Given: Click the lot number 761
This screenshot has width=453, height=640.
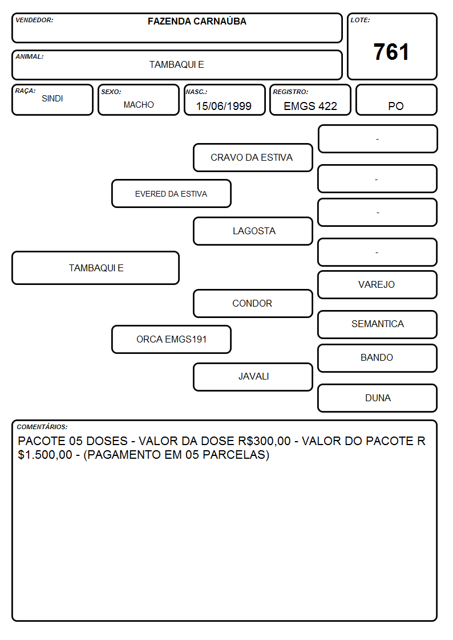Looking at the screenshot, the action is click(391, 52).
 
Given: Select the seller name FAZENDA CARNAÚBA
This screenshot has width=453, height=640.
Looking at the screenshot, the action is click(197, 21).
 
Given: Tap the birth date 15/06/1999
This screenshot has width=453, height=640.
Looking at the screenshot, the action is click(224, 106).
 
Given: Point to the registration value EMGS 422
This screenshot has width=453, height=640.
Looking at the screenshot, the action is click(310, 106).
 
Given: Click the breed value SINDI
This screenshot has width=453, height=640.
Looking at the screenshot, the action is click(52, 99).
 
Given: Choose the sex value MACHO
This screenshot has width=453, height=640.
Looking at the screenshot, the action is click(139, 105).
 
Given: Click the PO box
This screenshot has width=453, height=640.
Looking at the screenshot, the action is click(396, 100).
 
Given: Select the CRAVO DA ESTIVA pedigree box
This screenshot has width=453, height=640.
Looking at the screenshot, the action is click(253, 157).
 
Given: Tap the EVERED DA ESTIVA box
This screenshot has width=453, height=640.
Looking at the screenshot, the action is click(171, 193).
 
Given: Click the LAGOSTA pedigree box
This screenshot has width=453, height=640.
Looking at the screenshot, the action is click(253, 231).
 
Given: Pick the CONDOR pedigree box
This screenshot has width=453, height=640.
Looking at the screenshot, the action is click(253, 303).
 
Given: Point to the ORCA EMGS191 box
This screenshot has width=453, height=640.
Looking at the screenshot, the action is click(171, 339).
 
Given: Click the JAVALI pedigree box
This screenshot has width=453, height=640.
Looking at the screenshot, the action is click(253, 377).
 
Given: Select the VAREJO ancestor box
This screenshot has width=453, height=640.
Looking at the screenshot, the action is click(378, 284).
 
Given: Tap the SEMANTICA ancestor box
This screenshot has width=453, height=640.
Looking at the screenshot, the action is click(378, 324).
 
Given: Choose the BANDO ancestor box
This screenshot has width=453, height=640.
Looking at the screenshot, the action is click(378, 358).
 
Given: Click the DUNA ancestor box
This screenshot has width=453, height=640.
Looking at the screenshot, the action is click(378, 398).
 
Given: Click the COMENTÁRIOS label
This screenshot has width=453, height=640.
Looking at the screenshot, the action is click(42, 427).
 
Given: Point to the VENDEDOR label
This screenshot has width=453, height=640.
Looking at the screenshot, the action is click(34, 20).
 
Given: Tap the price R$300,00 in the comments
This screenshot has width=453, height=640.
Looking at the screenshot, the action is click(264, 441).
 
